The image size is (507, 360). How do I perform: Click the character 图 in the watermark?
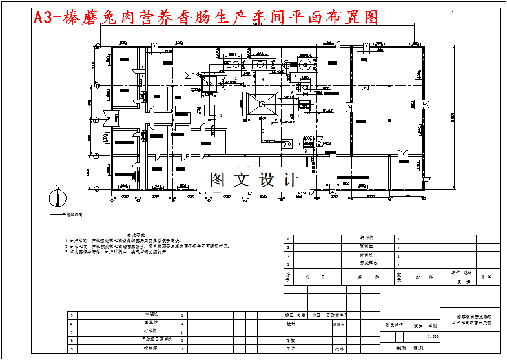pyautogui.click(x=218, y=180)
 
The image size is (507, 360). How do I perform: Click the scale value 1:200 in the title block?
pyautogui.click(x=433, y=337)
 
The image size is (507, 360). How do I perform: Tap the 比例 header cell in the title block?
pyautogui.click(x=433, y=326)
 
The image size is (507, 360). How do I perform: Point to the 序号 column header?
pyautogui.click(x=289, y=276)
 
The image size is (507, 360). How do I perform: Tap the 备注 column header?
pyautogui.click(x=486, y=276)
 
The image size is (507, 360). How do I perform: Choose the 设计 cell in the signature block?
pyautogui.click(x=291, y=324)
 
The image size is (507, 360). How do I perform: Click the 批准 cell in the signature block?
pyautogui.click(x=338, y=348)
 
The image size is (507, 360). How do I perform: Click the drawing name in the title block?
pyautogui.click(x=470, y=321)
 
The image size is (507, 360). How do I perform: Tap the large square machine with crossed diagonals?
pyautogui.click(x=264, y=103)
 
